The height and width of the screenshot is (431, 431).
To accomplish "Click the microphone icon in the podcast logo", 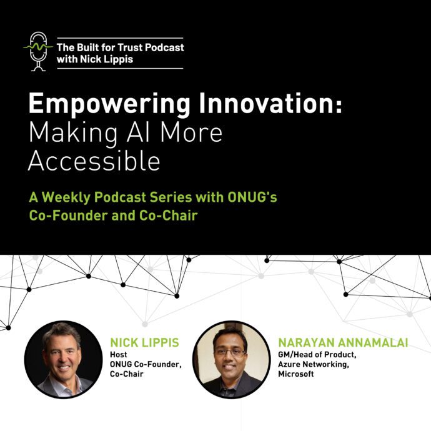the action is [x=38, y=51].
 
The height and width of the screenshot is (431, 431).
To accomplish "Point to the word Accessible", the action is [x=94, y=161].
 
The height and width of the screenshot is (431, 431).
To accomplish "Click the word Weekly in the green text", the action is [x=66, y=197].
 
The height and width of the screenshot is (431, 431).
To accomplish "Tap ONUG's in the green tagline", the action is [x=252, y=197].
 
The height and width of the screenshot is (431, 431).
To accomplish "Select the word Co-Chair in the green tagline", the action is [x=168, y=215].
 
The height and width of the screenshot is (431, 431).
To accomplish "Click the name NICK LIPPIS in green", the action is [x=144, y=342].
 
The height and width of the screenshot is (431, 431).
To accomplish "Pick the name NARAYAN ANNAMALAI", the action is [x=343, y=342].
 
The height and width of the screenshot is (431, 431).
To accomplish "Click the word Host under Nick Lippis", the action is [x=119, y=355].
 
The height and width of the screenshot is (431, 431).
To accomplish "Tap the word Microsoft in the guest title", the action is [x=295, y=374].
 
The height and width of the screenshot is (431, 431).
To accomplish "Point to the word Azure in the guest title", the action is [x=289, y=364].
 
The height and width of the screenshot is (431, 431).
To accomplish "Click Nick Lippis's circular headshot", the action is [x=63, y=360].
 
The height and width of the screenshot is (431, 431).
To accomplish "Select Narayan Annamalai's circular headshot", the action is [x=232, y=360].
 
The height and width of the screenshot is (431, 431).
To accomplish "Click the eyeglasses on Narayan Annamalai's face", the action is [x=230, y=352].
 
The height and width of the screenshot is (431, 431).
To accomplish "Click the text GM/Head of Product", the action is [x=317, y=355].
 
